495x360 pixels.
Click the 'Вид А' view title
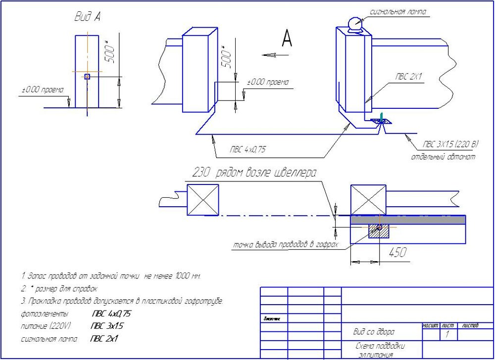(x=88, y=17)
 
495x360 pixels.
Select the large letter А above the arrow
(x=287, y=38)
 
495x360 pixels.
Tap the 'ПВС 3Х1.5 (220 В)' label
(x=450, y=144)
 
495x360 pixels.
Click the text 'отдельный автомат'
(x=443, y=157)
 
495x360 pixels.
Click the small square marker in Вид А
(x=87, y=77)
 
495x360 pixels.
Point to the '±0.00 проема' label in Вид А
(x=43, y=90)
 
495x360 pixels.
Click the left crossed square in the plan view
(x=203, y=200)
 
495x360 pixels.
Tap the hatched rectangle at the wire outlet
(x=379, y=229)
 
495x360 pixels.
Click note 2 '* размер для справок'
(x=59, y=288)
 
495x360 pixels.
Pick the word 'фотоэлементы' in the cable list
(x=45, y=314)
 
